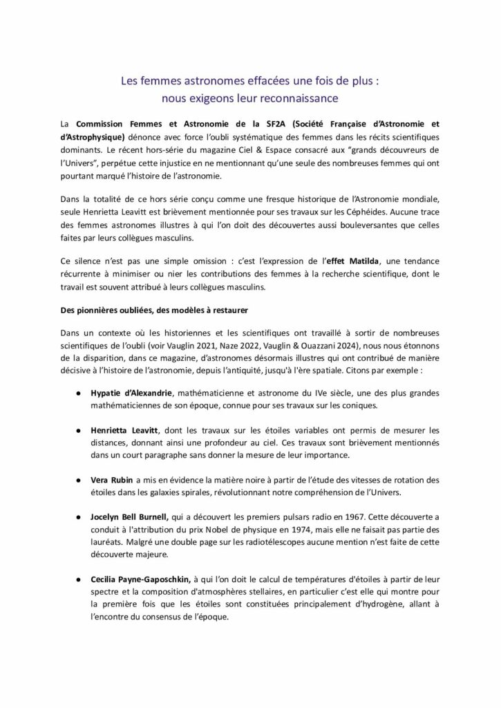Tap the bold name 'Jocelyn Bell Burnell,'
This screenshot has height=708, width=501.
(x=133, y=516)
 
